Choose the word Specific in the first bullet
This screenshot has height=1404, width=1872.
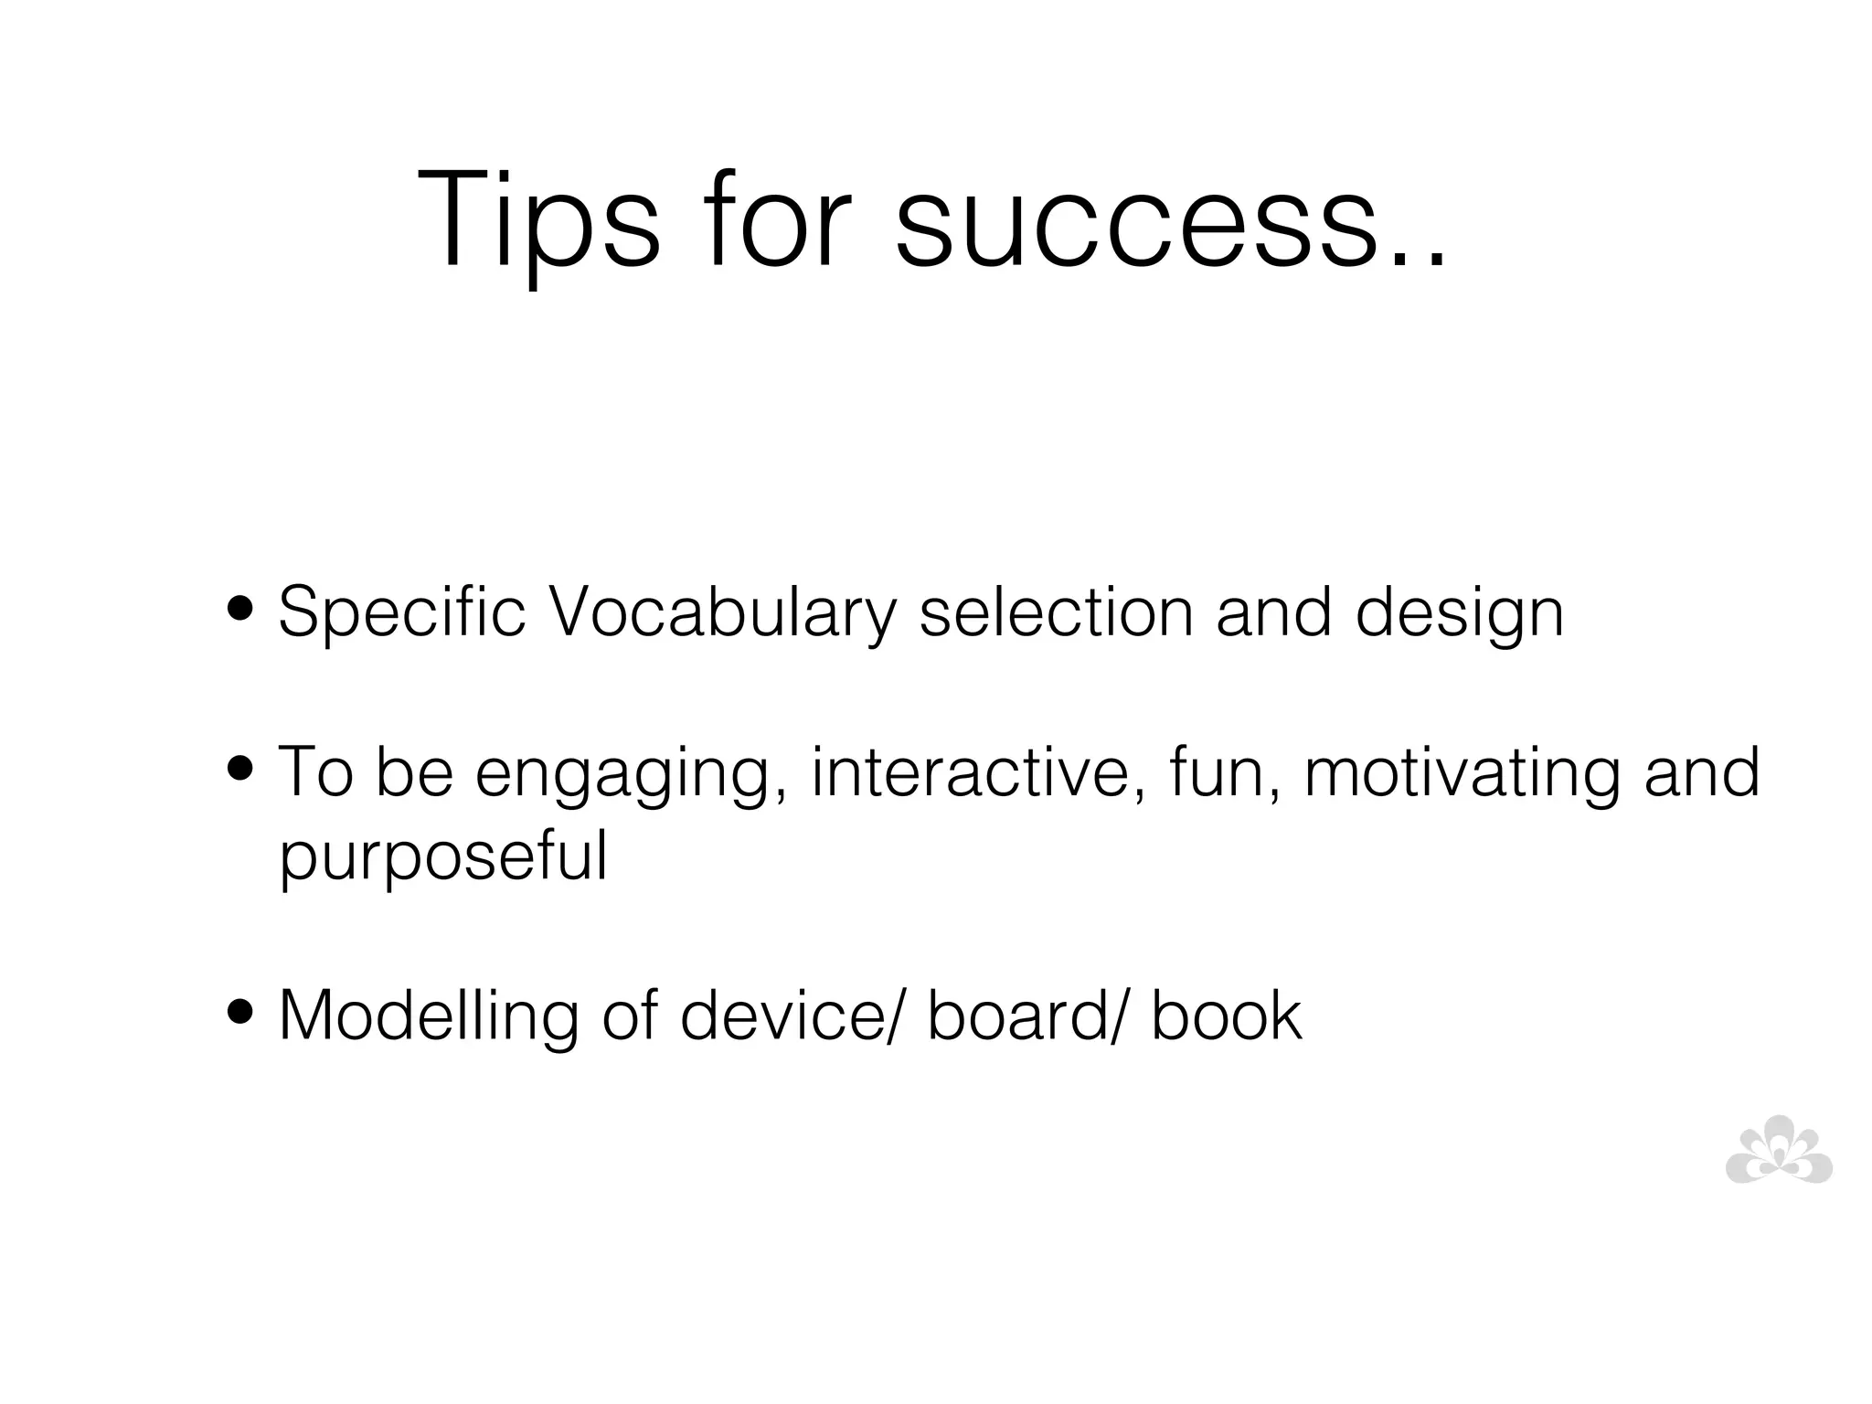(402, 612)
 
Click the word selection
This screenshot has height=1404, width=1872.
(1056, 611)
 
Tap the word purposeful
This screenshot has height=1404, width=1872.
(442, 857)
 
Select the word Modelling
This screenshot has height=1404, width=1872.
(428, 1016)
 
